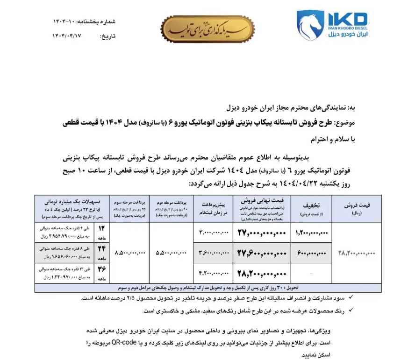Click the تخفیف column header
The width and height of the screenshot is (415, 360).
click(312, 208)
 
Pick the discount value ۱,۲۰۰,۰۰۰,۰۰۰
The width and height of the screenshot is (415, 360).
click(312, 232)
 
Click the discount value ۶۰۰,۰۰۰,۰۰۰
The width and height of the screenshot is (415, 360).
click(312, 253)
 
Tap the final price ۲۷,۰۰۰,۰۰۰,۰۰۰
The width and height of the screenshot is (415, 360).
click(261, 232)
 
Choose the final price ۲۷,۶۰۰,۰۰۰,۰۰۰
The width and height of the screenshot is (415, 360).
click(261, 253)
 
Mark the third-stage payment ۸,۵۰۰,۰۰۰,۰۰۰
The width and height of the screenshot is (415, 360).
click(129, 253)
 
